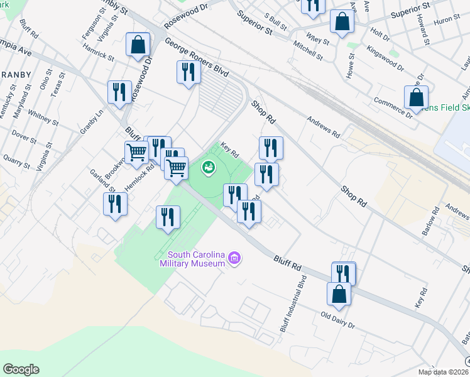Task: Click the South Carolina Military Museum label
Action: pos(195,259)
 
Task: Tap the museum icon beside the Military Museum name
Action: pos(234,258)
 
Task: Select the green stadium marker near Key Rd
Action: pos(209,168)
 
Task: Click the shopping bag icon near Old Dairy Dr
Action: pos(339,294)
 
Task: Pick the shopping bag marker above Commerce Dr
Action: pos(416,97)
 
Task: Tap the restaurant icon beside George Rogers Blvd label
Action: pos(188,72)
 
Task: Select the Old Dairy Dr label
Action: pos(337,320)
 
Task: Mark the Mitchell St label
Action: pos(307,51)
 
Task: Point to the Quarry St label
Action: pos(16,161)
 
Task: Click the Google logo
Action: pos(21,369)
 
